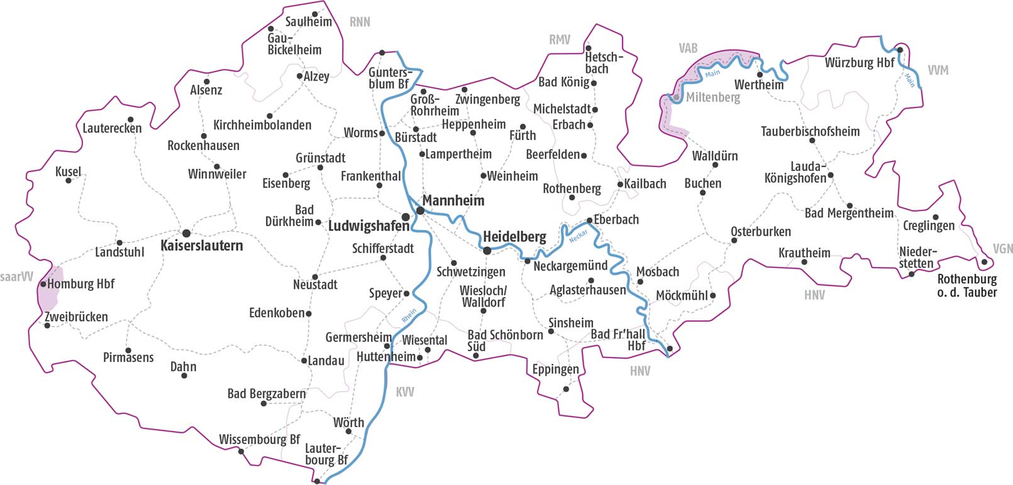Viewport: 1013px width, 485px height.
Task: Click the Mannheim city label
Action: point(453,200)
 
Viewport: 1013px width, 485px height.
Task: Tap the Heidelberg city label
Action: point(514,237)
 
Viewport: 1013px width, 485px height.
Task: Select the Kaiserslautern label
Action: point(201,246)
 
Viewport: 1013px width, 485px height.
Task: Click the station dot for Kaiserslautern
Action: point(186,233)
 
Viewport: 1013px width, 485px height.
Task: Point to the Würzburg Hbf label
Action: point(859,63)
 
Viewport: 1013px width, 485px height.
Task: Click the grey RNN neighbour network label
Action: point(360,22)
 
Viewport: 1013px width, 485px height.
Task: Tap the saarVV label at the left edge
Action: point(16,277)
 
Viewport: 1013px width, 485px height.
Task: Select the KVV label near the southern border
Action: point(405,392)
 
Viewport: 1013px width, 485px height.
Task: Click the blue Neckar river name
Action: point(578,236)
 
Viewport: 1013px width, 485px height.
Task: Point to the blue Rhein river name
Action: point(409,315)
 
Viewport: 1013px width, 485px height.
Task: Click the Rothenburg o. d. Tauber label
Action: point(966,285)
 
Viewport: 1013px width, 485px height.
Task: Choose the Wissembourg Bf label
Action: point(259,439)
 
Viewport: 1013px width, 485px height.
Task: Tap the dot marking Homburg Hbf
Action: point(43,284)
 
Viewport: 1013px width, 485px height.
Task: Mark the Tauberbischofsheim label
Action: point(810,131)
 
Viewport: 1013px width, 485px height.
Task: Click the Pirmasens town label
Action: point(128,357)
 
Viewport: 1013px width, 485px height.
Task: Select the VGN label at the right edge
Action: point(1002,249)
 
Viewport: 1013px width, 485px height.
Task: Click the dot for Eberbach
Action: point(589,220)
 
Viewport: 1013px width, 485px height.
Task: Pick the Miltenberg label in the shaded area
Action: point(712,97)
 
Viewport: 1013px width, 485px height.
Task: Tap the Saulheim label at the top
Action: point(308,22)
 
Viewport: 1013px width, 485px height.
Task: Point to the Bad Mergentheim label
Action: point(849,213)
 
